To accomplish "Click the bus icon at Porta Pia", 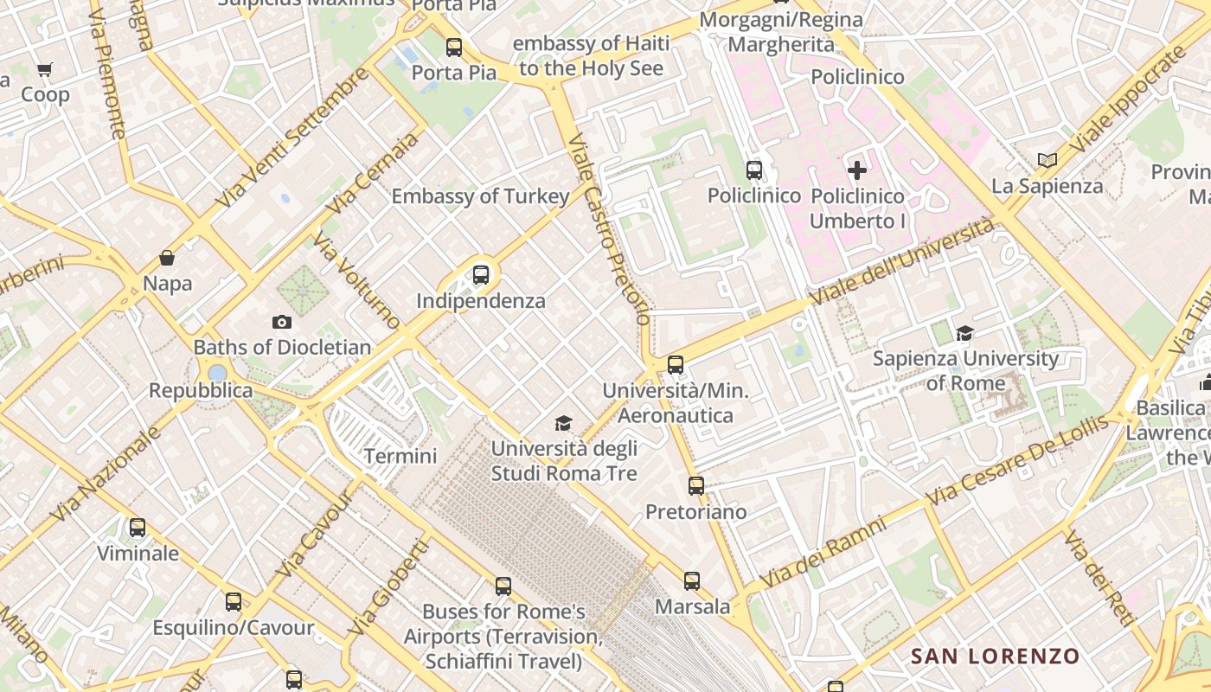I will (x=454, y=48).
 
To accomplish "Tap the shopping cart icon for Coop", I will (x=44, y=69).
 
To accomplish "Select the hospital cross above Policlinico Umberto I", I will (x=857, y=170).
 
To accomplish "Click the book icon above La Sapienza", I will (x=1048, y=160).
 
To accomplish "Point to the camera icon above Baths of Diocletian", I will (x=282, y=322).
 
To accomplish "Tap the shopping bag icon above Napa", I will (x=167, y=258).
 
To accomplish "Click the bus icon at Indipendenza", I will (x=481, y=276).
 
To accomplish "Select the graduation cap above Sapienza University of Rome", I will (x=964, y=333).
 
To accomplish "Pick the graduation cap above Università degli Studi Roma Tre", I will (x=564, y=423).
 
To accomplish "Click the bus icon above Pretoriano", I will (x=696, y=486).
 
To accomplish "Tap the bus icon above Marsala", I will (x=692, y=581).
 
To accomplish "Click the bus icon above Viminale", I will (x=138, y=528).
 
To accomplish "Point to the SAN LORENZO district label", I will (x=995, y=657).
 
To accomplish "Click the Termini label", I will (x=400, y=456).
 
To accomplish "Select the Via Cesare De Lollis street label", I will (x=1016, y=463).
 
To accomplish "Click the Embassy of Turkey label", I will (x=481, y=196).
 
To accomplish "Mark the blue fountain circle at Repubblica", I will (x=217, y=373).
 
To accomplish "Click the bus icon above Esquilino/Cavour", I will (x=234, y=602).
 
